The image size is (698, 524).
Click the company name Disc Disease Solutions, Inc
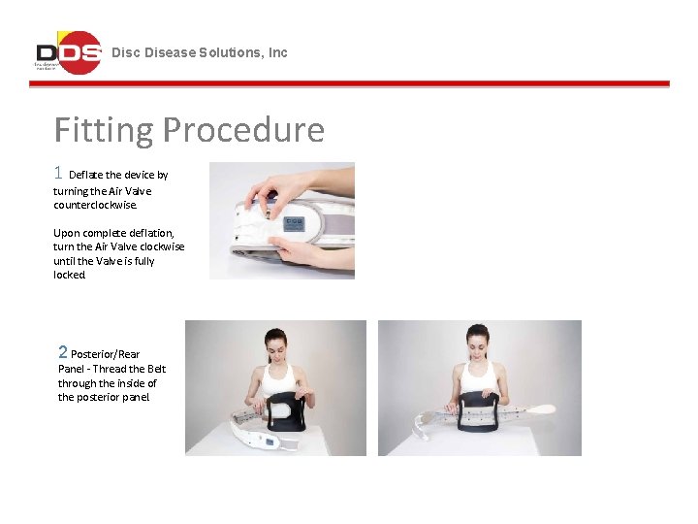point(200,52)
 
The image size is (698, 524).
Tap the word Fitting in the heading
point(104,129)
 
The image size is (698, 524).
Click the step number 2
point(63,353)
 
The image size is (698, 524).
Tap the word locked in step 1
point(70,276)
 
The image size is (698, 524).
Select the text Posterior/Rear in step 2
point(106,355)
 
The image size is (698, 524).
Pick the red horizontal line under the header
point(349,84)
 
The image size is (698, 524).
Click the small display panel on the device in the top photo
point(291,222)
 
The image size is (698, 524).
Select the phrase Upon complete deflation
point(113,234)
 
